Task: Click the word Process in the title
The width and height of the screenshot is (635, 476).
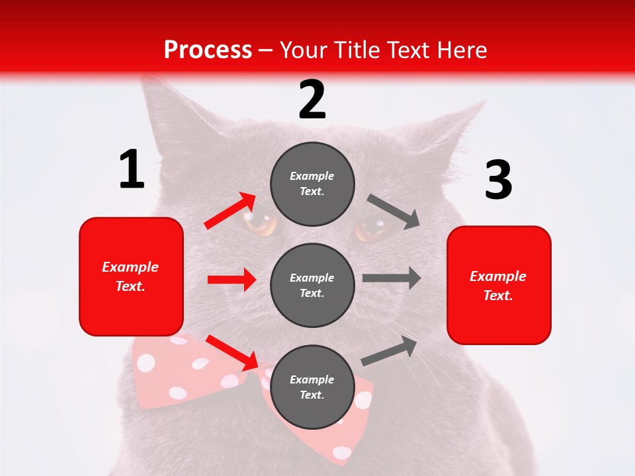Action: [208, 50]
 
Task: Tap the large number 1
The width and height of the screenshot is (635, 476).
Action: [132, 170]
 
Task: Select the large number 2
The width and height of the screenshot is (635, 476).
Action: [312, 100]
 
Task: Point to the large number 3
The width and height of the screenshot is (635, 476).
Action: [498, 180]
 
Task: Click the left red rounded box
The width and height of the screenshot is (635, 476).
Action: [131, 276]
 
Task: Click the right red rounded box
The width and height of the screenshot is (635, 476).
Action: [499, 285]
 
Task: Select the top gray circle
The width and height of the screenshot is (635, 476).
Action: [312, 184]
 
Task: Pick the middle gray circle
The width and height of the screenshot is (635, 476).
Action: [312, 285]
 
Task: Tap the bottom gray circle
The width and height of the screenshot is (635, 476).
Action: [312, 387]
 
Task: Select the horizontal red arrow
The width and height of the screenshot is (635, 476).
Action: [232, 280]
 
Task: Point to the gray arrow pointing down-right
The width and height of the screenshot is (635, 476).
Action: [394, 212]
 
